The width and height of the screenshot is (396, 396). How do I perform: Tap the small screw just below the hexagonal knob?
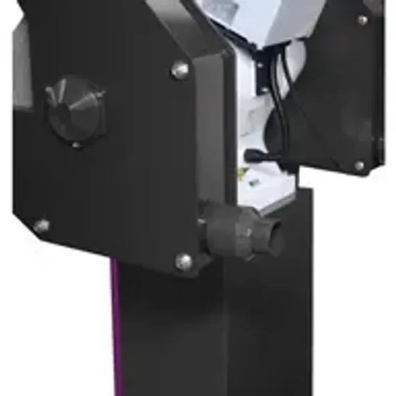tap(77, 146)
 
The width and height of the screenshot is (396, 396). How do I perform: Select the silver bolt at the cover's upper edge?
tap(180, 69)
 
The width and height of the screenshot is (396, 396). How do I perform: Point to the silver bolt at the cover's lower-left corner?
tap(41, 226)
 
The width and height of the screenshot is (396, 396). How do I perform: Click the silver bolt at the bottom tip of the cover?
tap(184, 261)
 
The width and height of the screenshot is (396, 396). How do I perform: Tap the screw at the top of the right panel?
tap(362, 20)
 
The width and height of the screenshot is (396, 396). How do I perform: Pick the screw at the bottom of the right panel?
tap(359, 166)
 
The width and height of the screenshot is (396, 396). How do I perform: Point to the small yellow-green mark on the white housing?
tap(242, 172)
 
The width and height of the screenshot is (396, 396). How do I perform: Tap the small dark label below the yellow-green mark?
tap(254, 183)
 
